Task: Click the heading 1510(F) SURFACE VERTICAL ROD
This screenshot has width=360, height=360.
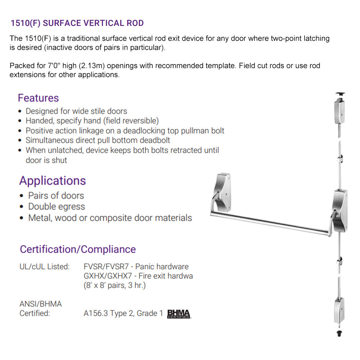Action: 77,23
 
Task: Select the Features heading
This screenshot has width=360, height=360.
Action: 38,98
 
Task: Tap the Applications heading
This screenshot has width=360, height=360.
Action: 53,180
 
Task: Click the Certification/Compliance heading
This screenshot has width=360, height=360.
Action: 78,249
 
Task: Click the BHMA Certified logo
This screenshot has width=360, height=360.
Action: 179,314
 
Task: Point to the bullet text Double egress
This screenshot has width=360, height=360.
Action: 57,207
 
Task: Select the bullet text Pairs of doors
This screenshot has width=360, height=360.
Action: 56,195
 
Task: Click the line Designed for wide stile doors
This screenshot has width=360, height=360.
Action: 76,111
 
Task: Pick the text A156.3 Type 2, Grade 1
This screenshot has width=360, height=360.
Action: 121,314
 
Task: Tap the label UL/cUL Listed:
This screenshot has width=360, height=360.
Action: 44,267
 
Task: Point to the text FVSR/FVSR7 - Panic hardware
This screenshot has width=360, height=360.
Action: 136,267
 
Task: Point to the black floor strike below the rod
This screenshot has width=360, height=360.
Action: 339,333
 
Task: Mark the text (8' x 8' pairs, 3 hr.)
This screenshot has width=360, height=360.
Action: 114,285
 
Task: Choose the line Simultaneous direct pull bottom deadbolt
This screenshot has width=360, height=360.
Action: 98,140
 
